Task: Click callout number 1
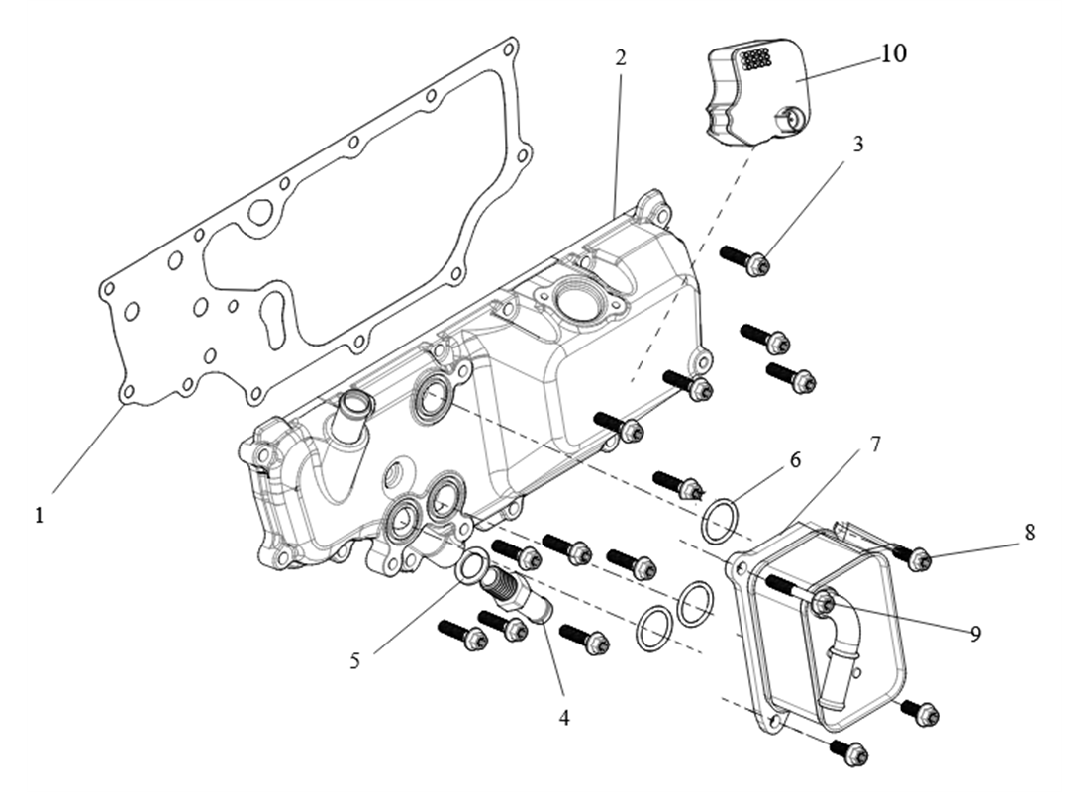tap(40, 516)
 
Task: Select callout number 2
tap(621, 57)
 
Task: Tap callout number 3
tap(857, 144)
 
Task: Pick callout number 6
tap(794, 460)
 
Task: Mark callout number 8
tap(1030, 532)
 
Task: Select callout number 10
tap(892, 53)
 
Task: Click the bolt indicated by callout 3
tap(746, 260)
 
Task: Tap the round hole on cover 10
tap(790, 122)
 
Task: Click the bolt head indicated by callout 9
tap(825, 600)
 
